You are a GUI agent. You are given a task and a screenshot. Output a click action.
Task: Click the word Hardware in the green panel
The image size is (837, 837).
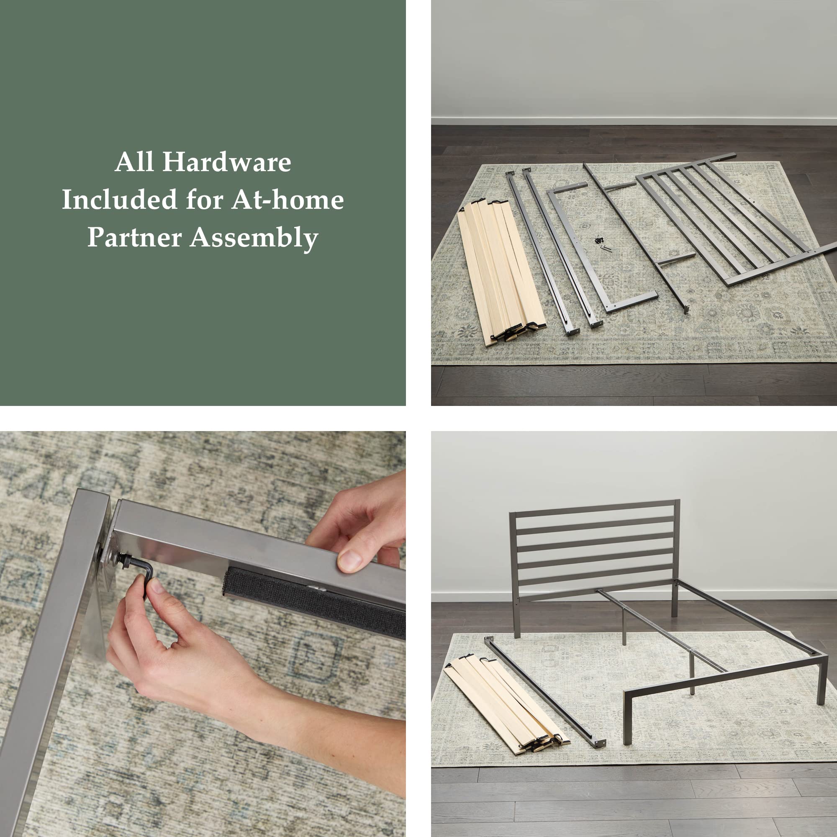click(226, 162)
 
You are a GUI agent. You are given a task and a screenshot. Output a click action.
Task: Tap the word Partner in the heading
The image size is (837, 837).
click(134, 237)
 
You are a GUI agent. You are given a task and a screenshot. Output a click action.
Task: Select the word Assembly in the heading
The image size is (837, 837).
click(254, 238)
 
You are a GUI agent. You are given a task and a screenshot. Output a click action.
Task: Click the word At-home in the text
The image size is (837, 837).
click(287, 200)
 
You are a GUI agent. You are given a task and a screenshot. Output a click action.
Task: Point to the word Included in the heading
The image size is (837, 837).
click(119, 200)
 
